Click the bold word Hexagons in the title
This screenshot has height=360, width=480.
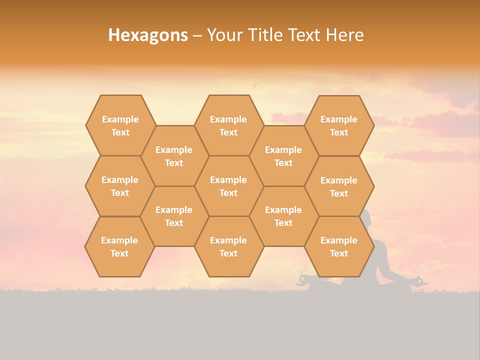pos(148,35)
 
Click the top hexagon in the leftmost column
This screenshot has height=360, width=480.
pos(120,125)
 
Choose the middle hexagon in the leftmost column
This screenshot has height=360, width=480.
pos(120,186)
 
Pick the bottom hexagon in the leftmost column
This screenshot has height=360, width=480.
pos(119,246)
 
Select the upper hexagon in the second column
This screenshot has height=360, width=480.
pos(174,156)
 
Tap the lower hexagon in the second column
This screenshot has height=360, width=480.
pos(174,216)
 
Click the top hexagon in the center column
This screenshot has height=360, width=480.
pos(228,125)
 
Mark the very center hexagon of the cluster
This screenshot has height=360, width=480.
pos(228,186)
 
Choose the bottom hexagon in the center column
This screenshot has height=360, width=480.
pos(228,246)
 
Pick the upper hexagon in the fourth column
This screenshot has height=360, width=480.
pos(283,156)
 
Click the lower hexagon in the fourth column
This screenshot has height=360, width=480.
pos(283,216)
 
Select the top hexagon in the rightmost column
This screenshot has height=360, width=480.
pos(339,125)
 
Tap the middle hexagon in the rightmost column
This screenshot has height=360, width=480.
pos(339,186)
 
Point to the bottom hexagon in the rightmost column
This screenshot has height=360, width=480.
pos(339,246)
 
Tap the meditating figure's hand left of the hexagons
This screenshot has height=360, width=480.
pos(304,278)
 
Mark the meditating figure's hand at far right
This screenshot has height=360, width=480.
pos(419,280)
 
